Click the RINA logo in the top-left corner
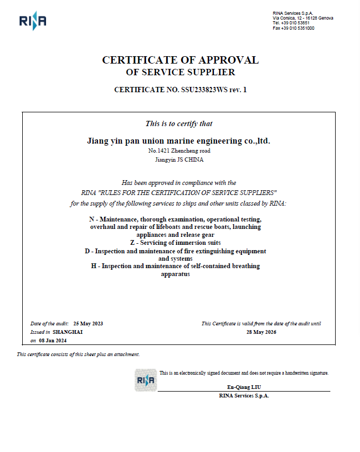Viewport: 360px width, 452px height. (x=32, y=21)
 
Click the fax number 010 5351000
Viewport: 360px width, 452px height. (x=301, y=28)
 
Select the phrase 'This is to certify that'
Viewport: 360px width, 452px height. (x=178, y=123)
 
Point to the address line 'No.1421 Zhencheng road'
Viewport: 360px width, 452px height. (x=178, y=151)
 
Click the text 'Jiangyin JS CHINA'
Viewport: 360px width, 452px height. (x=178, y=159)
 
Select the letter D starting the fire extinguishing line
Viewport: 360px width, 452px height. (x=87, y=251)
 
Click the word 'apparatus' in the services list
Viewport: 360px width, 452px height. (x=175, y=274)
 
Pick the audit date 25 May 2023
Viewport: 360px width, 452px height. (x=88, y=323)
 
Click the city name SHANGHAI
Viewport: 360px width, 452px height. (x=68, y=332)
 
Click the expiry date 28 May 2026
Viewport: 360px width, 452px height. (x=261, y=332)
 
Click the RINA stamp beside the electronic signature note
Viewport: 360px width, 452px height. (x=146, y=380)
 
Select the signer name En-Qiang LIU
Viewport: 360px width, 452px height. (x=244, y=387)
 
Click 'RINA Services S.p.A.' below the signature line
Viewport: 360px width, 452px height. (x=244, y=396)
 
